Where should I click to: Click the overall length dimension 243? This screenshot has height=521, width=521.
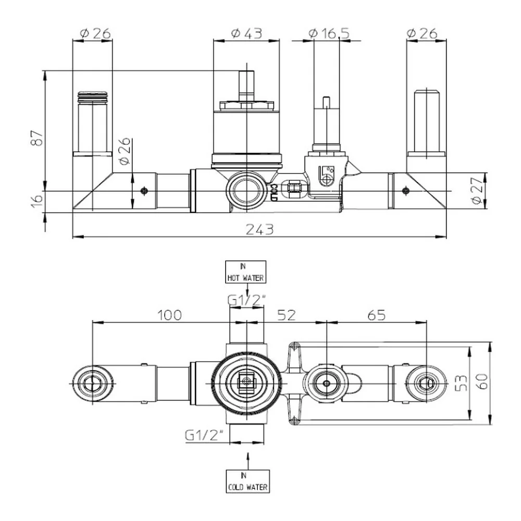pos(259,229)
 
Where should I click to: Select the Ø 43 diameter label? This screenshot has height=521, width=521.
pos(246,33)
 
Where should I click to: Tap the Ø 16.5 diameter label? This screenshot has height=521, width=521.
pos(329,33)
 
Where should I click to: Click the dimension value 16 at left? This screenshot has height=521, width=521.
pos(38,201)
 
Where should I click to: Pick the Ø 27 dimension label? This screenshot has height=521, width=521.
pos(477,191)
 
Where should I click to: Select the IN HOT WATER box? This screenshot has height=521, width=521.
pos(245,272)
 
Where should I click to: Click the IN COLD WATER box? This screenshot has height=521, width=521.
pos(247,481)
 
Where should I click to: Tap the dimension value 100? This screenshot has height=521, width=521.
pos(169,315)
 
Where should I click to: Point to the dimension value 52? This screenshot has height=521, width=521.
pos(287,315)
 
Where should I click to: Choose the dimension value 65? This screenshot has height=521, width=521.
pos(377,315)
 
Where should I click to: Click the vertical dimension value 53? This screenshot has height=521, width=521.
pos(462,383)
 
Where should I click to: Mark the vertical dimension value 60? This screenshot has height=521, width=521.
pos(481,381)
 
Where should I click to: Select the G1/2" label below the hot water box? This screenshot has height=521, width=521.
pos(246,300)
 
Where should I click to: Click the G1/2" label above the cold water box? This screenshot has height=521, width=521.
pos(204,435)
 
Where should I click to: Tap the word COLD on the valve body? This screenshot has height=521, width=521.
pos(274,192)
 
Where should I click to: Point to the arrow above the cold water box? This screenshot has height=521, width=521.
pos(247,461)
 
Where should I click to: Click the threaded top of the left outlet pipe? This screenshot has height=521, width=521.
pos(92,96)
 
